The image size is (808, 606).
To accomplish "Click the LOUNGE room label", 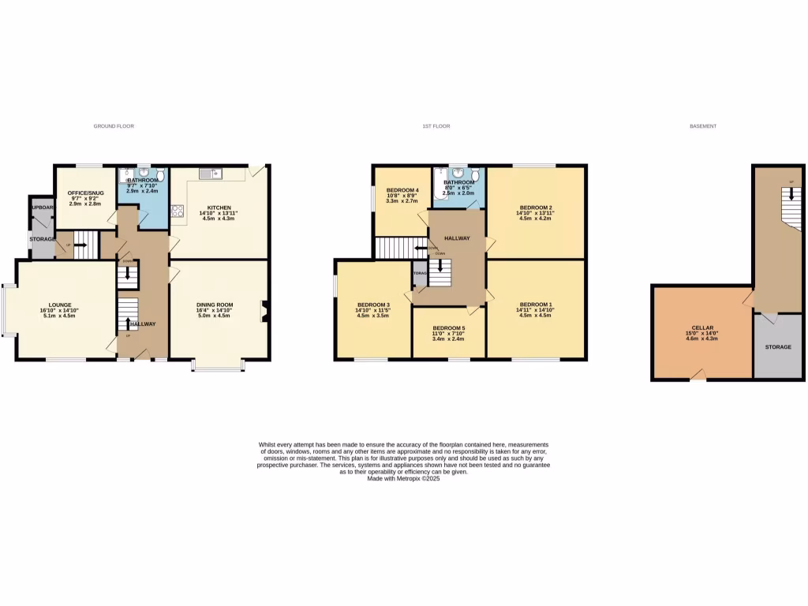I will tap(60, 305).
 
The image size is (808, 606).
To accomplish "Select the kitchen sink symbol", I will tap(211, 174).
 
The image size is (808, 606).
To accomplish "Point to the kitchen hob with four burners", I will tap(177, 211).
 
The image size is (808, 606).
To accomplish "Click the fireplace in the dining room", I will tap(264, 312).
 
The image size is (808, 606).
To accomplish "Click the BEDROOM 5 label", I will tap(448, 327).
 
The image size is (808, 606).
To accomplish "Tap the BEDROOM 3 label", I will tap(373, 305).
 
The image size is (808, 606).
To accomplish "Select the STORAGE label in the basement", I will tap(777, 346).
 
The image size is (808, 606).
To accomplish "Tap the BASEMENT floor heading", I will tap(702, 126).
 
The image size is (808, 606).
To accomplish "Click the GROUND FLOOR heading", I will tap(114, 126).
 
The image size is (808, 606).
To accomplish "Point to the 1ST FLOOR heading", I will tap(436, 126).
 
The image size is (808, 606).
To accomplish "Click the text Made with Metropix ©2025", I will tap(403, 478).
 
